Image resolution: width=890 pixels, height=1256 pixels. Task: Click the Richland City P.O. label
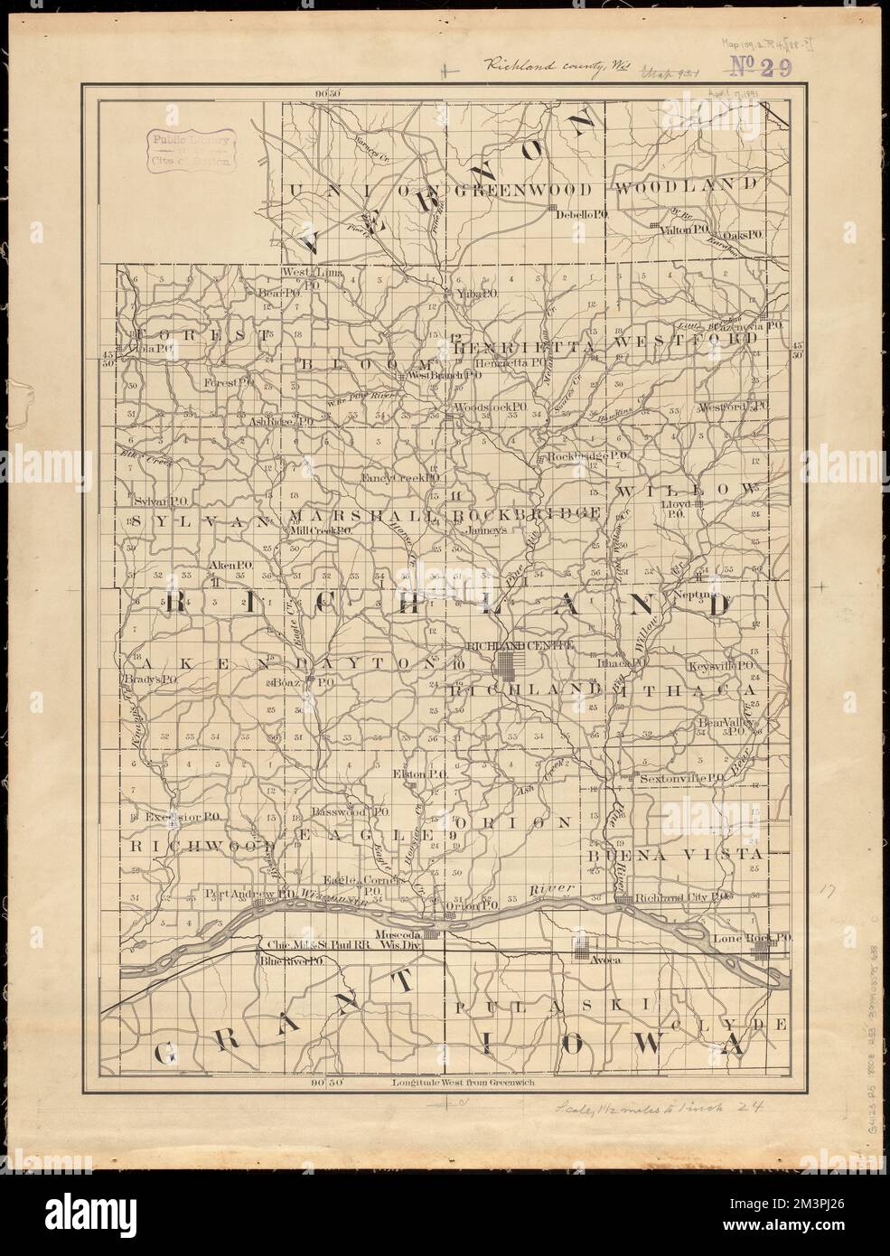click(680, 897)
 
